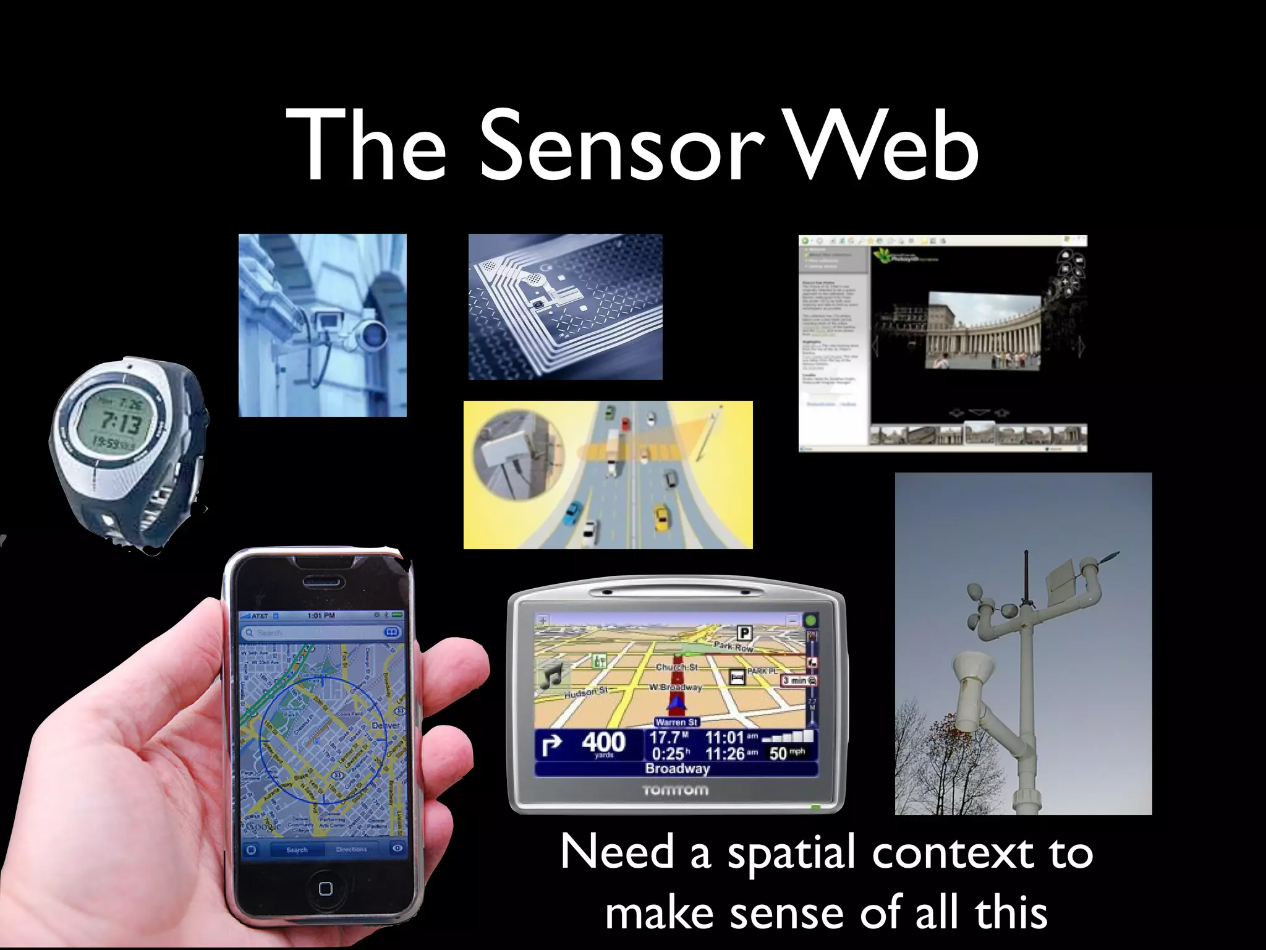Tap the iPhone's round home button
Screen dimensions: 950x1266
pyautogui.click(x=325, y=889)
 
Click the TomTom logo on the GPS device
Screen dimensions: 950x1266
pyautogui.click(x=675, y=790)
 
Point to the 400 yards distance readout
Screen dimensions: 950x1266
pyautogui.click(x=603, y=743)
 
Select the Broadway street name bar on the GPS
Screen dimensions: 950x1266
pyautogui.click(x=677, y=769)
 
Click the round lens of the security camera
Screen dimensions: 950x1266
pyautogui.click(x=374, y=334)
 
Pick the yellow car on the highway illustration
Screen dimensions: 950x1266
pyautogui.click(x=661, y=518)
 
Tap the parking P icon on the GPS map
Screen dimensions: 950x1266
pyautogui.click(x=744, y=633)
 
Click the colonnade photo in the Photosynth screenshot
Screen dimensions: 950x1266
pyautogui.click(x=983, y=331)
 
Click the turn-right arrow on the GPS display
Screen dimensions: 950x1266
pyautogui.click(x=551, y=745)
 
